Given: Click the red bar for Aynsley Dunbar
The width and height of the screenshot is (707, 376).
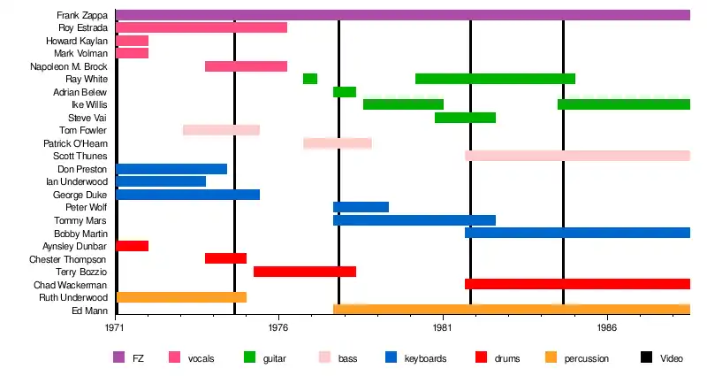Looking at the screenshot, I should [x=132, y=246].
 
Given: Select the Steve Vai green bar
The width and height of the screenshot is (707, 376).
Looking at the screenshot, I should [x=465, y=118].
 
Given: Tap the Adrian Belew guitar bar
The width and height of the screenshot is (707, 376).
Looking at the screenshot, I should [x=345, y=92].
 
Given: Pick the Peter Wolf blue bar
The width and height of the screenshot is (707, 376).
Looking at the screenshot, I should [x=361, y=207].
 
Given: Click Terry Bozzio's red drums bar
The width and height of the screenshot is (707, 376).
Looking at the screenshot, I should [x=305, y=272].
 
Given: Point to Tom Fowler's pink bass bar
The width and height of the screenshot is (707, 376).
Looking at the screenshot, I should [x=221, y=130].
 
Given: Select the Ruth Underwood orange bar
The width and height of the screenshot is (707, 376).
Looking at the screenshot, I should [x=181, y=297].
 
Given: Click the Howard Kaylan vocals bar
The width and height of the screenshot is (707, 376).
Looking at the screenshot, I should [x=132, y=41].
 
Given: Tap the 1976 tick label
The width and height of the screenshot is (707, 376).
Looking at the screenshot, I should [x=279, y=326].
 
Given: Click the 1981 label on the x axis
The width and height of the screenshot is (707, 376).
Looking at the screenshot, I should [x=443, y=326].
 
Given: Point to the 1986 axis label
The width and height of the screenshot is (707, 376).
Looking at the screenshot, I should [x=607, y=326].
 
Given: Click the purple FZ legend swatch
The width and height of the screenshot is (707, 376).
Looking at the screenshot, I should [x=118, y=358].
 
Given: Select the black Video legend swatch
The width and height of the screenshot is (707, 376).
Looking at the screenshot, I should [x=646, y=358].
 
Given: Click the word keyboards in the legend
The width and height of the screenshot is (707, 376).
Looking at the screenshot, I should [x=425, y=358].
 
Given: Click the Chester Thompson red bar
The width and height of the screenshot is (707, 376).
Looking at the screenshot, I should [x=225, y=258].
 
